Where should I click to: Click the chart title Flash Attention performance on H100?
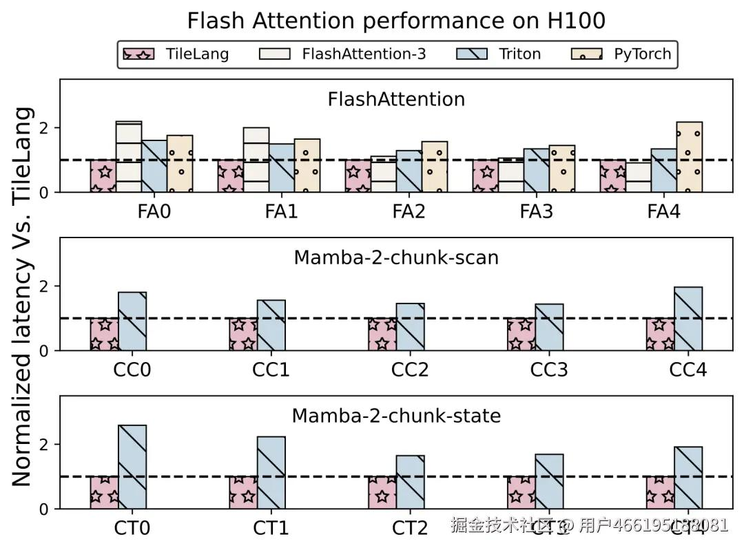pos(396,21)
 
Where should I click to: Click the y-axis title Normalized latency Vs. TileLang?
pos(23,296)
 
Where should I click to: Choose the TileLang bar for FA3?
pos(485,176)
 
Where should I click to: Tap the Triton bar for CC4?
pos(688,319)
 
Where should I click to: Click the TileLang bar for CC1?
pos(243,335)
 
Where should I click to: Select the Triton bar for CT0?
pos(132,467)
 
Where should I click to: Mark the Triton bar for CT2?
pos(410,482)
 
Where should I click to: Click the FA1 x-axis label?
pos(281,211)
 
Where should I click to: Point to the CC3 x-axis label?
pos(549,370)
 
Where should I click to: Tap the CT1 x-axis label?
pos(271,528)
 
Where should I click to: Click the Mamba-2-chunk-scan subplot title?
pos(396,257)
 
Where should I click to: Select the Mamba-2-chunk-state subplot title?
pos(396,416)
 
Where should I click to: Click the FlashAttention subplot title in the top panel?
pos(396,99)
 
